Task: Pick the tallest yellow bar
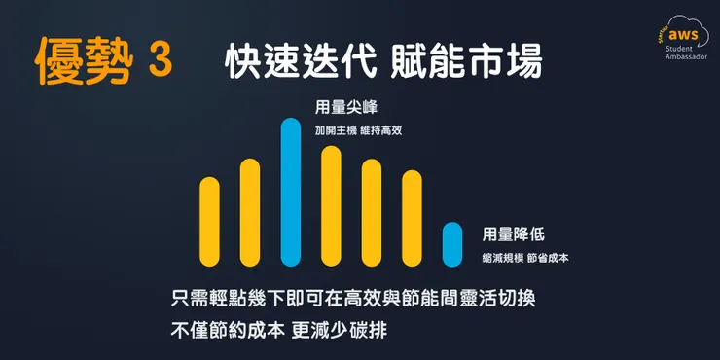click(x=331, y=205)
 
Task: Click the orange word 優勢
click(x=76, y=59)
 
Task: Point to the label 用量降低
click(x=513, y=234)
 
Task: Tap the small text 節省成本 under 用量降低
click(x=549, y=258)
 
